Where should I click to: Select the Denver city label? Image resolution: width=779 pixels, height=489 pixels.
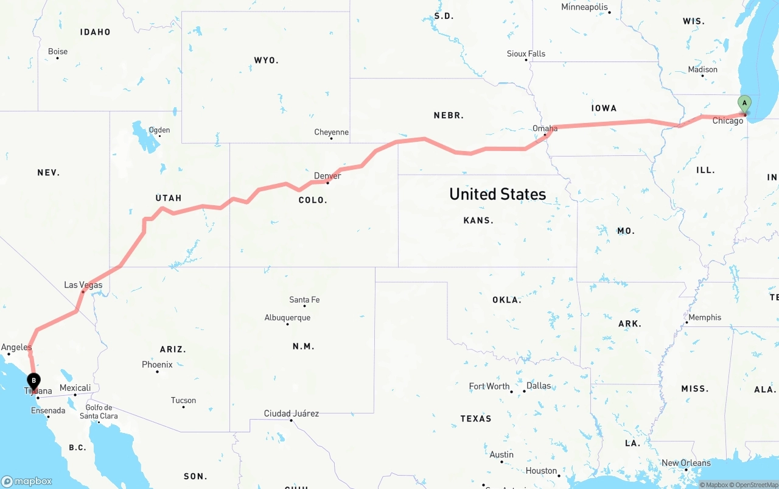pyautogui.click(x=327, y=176)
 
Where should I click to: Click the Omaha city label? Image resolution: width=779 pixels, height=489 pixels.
pyautogui.click(x=545, y=128)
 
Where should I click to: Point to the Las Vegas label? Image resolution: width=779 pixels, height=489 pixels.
pyautogui.click(x=83, y=285)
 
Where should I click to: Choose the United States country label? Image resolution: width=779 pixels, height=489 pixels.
pyautogui.click(x=497, y=194)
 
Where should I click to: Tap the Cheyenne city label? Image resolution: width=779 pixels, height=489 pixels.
pyautogui.click(x=331, y=132)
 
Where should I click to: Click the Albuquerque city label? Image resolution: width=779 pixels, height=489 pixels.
pyautogui.click(x=287, y=317)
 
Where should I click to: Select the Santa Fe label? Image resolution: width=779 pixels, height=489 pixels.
pyautogui.click(x=304, y=300)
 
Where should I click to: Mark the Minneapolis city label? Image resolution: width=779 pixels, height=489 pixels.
pyautogui.click(x=584, y=7)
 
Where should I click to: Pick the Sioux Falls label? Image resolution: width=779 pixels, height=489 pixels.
pyautogui.click(x=526, y=54)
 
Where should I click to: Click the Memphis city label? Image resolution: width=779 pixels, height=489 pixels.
pyautogui.click(x=705, y=317)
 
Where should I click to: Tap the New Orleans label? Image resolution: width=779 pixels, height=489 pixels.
pyautogui.click(x=686, y=463)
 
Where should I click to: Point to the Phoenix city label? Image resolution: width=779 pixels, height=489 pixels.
pyautogui.click(x=157, y=365)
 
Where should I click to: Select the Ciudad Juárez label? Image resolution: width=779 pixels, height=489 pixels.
pyautogui.click(x=291, y=413)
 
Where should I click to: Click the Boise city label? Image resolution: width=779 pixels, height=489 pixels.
pyautogui.click(x=58, y=52)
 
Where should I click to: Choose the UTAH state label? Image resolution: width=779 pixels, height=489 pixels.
pyautogui.click(x=169, y=198)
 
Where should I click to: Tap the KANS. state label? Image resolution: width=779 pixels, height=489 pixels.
pyautogui.click(x=478, y=220)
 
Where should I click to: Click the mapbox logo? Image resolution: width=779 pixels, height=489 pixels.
pyautogui.click(x=27, y=481)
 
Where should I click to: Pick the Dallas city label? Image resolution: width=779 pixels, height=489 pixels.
pyautogui.click(x=539, y=385)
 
